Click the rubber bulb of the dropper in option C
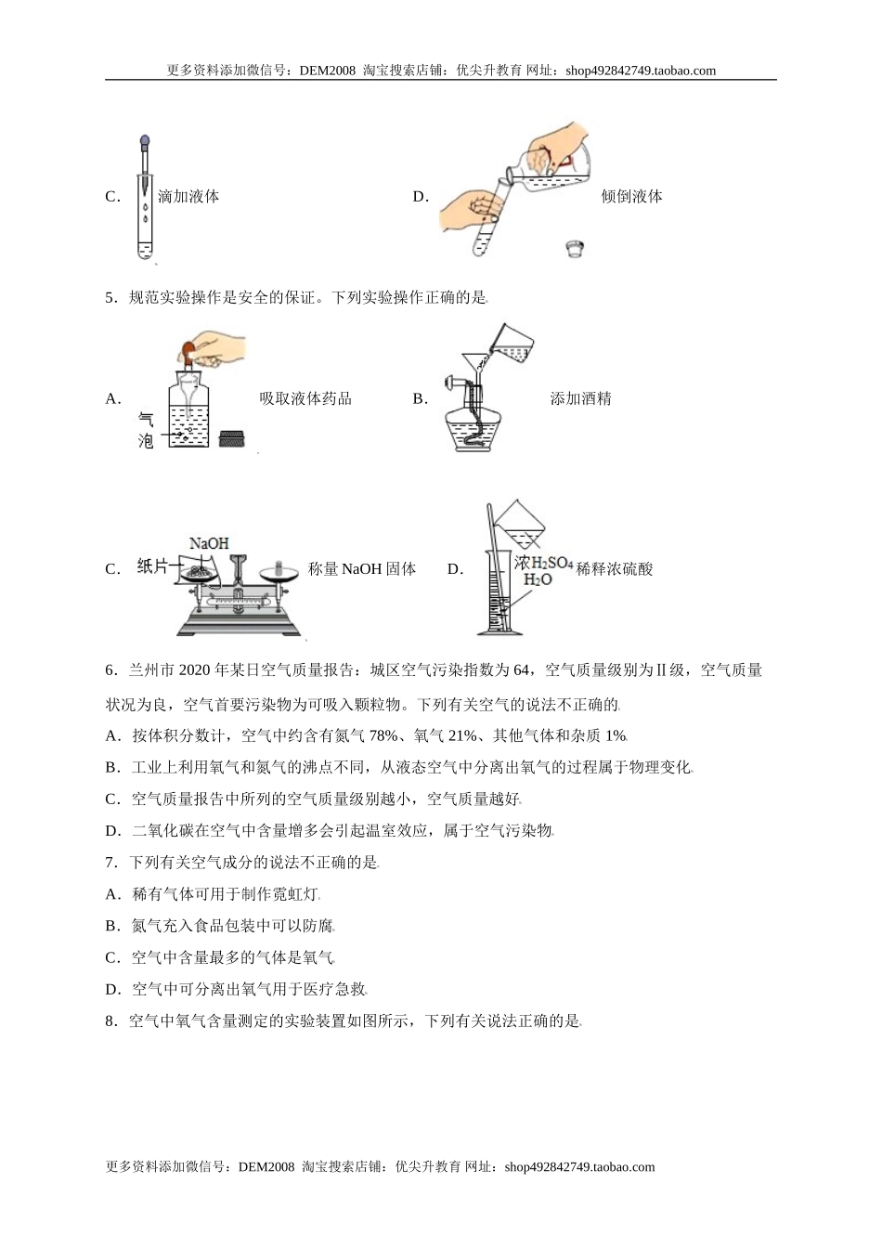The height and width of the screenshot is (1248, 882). pos(144,143)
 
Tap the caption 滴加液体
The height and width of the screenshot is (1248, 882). pos(188,197)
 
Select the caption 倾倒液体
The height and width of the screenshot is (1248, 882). pos(631,197)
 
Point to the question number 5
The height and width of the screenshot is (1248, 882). pos(110,298)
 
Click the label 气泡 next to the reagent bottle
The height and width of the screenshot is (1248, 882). pos(145,431)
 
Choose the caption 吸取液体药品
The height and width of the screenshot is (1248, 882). pos(305,399)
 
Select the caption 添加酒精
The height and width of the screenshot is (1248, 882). pos(580,399)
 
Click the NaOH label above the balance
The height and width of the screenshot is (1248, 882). pos(209,543)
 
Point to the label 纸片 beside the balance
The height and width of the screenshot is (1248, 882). pos(153,566)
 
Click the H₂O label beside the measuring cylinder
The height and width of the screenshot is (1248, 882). pos(538,580)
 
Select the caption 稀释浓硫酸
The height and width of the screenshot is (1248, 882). pos(615,569)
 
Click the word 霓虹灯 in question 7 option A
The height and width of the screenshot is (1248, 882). pos(295,894)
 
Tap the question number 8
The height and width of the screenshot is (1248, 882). pos(110,1021)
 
